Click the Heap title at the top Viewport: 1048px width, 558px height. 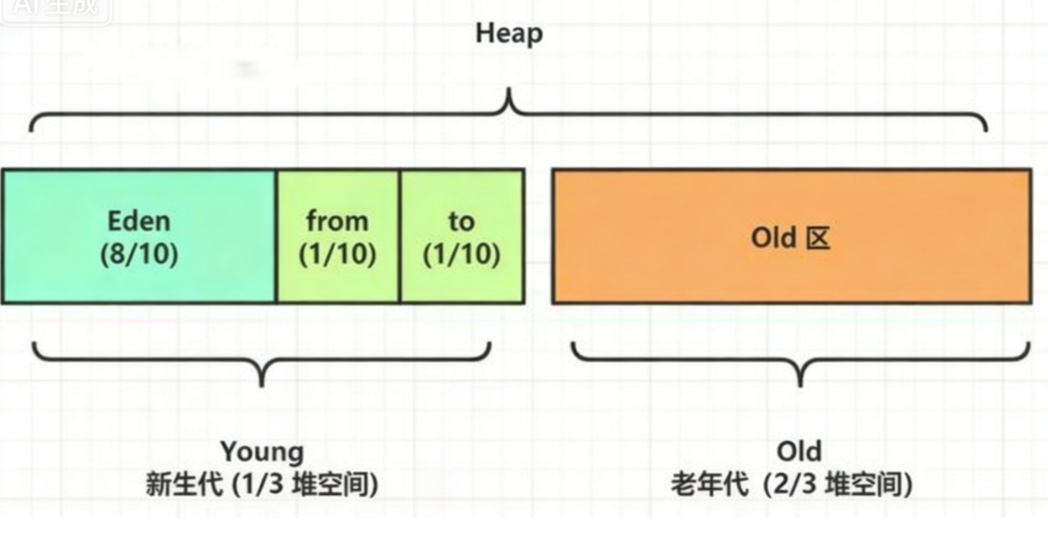click(x=509, y=35)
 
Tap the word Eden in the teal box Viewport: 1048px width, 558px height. click(x=139, y=221)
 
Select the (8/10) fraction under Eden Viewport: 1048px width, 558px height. click(x=139, y=254)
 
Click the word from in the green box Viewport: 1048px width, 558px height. click(x=337, y=221)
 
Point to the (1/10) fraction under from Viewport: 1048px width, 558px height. click(x=337, y=254)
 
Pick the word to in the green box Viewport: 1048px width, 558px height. click(x=461, y=221)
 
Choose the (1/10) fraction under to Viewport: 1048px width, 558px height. click(x=461, y=254)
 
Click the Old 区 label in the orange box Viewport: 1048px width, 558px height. click(x=790, y=238)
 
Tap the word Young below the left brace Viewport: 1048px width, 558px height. click(x=262, y=451)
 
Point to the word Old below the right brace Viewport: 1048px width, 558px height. click(x=798, y=451)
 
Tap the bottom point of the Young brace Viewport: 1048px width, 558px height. click(x=261, y=383)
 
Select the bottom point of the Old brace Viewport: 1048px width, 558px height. click(x=800, y=383)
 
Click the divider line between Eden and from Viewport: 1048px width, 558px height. click(x=276, y=236)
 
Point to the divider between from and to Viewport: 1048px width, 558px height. click(x=400, y=236)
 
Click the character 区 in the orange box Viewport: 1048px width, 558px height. click(x=818, y=238)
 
